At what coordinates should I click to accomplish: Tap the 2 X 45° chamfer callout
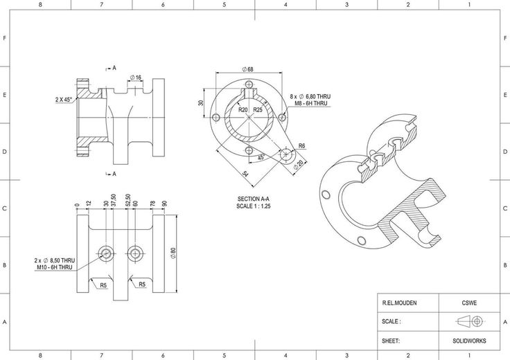(66, 100)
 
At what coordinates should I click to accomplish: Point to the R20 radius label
(243, 109)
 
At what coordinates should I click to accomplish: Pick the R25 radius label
(258, 109)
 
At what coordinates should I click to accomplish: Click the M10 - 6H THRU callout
(55, 267)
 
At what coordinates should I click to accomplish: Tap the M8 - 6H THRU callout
(311, 104)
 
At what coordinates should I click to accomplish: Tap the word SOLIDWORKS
(469, 341)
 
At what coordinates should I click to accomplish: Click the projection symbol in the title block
(469, 322)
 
